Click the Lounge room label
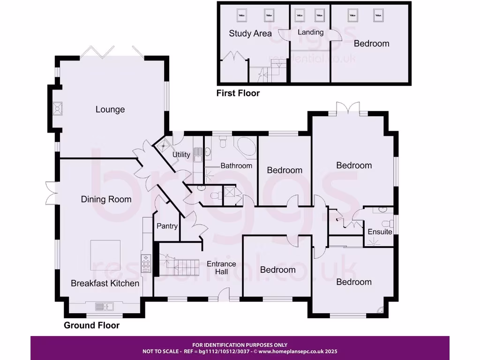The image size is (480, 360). (110, 109)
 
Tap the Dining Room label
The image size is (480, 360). (106, 199)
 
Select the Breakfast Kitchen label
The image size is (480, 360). (105, 283)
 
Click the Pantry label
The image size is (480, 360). (167, 226)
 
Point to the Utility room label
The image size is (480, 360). (181, 155)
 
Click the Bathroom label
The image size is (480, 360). (236, 165)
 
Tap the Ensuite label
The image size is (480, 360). (380, 232)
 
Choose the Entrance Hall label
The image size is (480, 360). (222, 268)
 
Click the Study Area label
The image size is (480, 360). (250, 33)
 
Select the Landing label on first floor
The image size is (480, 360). (310, 32)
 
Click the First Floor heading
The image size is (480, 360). (238, 93)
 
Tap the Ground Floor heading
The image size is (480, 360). (91, 325)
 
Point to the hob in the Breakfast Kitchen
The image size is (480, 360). (146, 263)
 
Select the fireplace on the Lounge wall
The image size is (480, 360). (59, 109)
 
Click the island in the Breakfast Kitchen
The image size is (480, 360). (105, 255)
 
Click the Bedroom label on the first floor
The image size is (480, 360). (371, 44)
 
